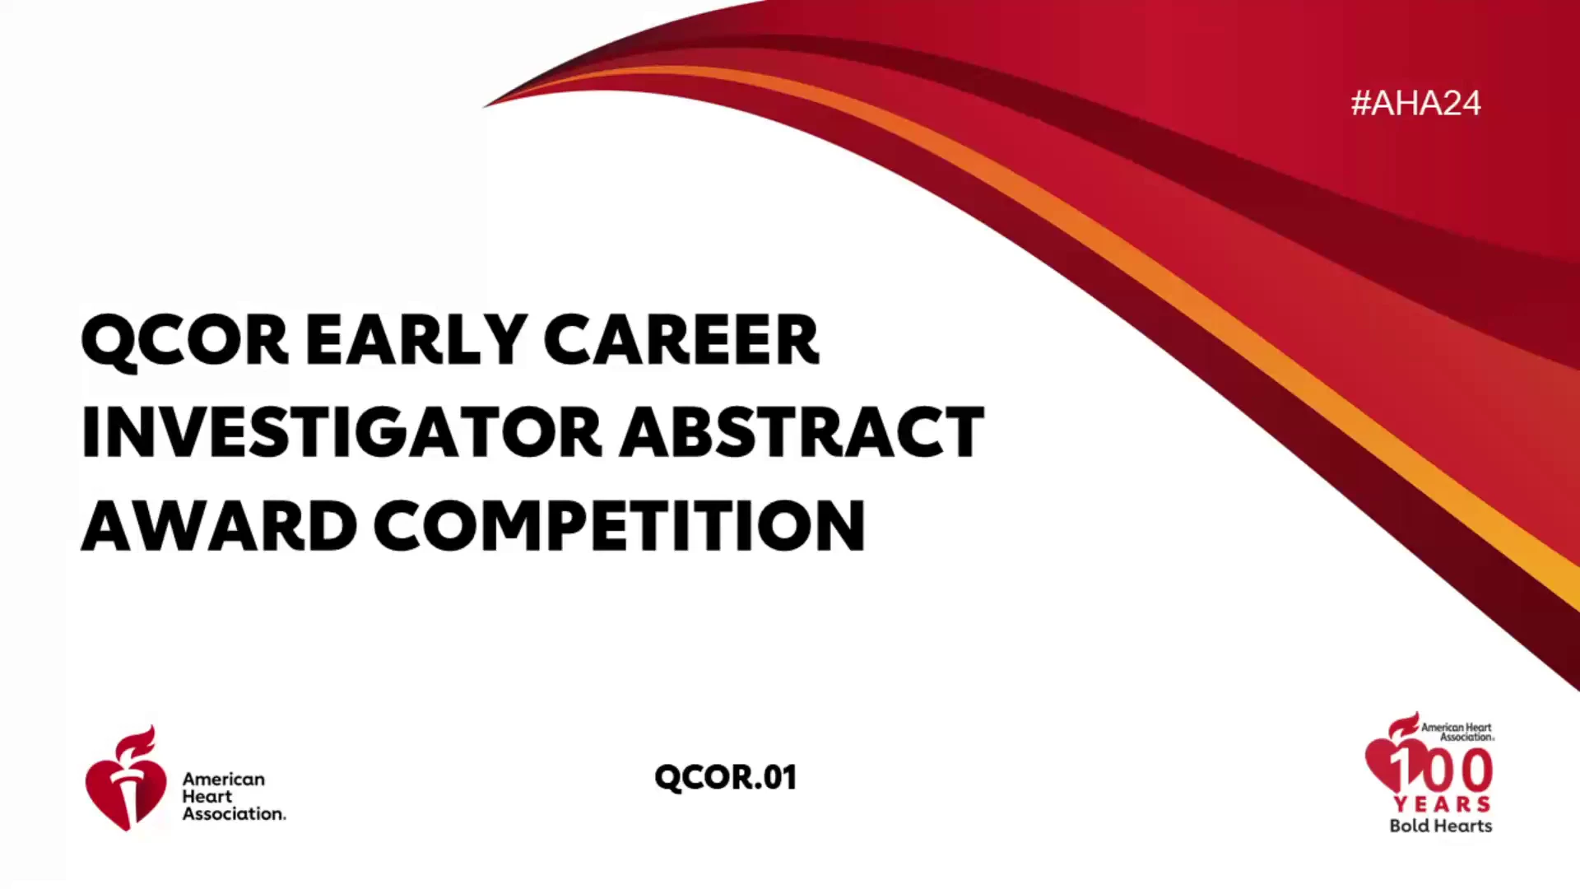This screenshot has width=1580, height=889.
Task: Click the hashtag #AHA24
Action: click(1415, 103)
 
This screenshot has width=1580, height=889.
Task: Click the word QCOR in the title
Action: click(185, 340)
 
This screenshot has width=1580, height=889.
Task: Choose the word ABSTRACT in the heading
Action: click(802, 431)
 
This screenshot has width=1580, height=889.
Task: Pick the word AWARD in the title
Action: click(219, 525)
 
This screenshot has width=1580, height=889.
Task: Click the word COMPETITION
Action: click(620, 525)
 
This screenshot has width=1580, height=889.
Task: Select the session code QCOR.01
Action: click(726, 778)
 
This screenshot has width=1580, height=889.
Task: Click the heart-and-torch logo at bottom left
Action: click(125, 779)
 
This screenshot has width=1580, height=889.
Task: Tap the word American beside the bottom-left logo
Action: click(224, 779)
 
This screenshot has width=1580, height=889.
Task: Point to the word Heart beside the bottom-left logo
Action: click(207, 796)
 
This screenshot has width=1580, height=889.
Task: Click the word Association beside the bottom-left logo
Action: click(233, 813)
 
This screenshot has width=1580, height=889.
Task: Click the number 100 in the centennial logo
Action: click(1441, 771)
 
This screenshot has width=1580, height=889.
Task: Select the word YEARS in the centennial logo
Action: click(1442, 804)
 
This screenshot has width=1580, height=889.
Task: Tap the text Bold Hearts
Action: click(1441, 826)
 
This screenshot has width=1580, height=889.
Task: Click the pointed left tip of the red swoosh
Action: click(485, 106)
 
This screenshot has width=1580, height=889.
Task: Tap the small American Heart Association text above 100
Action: click(1457, 732)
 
